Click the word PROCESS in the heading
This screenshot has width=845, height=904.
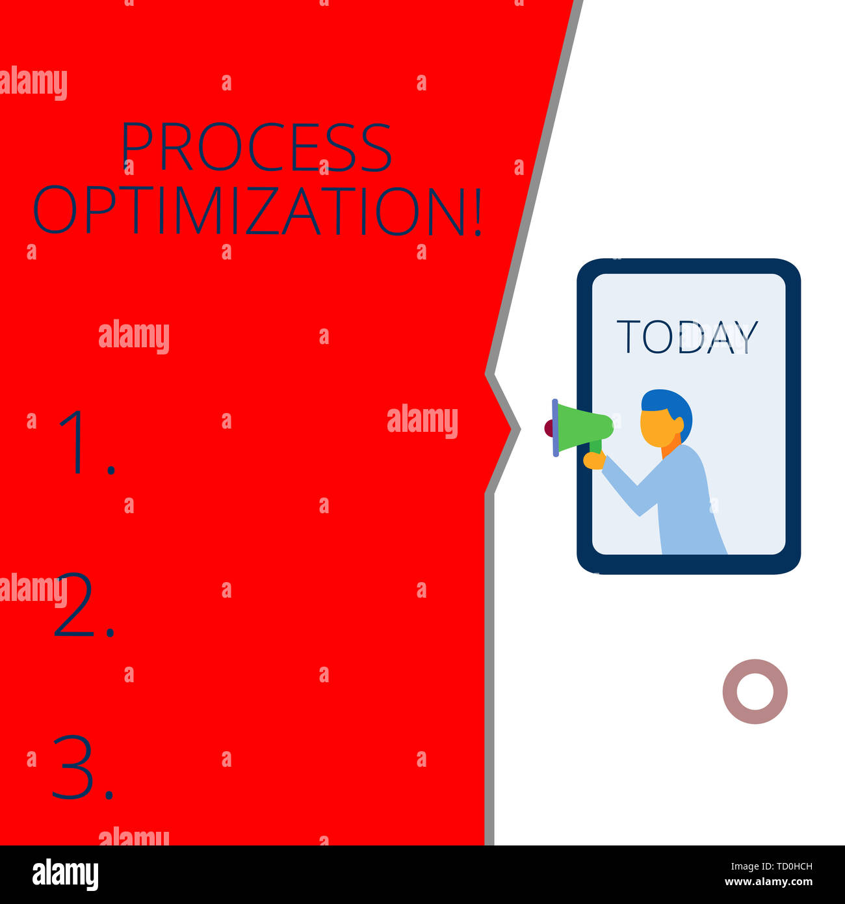256,147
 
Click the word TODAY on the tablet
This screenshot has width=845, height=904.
687,337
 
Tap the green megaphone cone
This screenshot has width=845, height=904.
584,427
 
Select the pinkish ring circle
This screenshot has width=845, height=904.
755,691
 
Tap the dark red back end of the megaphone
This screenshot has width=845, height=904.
549,428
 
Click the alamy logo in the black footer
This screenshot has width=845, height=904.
65,874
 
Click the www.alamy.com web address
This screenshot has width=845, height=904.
768,883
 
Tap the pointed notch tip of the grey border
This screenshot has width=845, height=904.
518,429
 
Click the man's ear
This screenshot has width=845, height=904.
679,426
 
